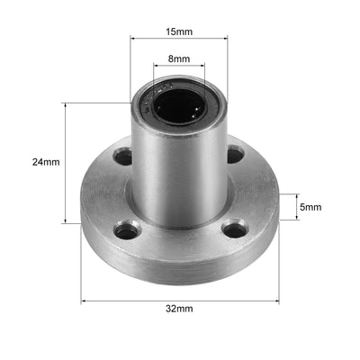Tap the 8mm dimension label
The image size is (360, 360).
click(x=179, y=58)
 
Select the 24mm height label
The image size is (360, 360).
click(x=45, y=163)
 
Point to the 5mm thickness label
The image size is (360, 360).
click(x=310, y=207)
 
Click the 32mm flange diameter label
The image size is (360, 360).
click(x=179, y=309)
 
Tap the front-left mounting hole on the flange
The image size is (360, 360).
click(x=126, y=231)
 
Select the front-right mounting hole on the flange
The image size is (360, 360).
click(x=234, y=230)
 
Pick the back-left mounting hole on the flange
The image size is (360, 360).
click(x=122, y=157)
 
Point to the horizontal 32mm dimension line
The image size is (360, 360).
click(x=180, y=301)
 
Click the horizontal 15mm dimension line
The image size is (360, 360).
click(x=178, y=39)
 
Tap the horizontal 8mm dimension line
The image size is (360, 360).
click(x=178, y=67)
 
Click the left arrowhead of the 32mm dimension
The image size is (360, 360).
click(x=85, y=301)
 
